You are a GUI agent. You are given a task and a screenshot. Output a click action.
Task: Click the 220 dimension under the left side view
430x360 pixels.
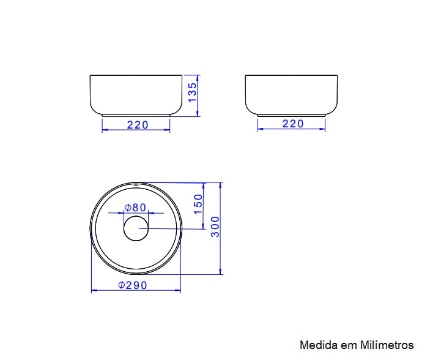[x=138, y=124]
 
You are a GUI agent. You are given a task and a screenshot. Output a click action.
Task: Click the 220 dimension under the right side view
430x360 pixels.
[x=293, y=124]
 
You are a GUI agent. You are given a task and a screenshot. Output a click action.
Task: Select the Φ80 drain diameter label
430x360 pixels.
[x=135, y=207]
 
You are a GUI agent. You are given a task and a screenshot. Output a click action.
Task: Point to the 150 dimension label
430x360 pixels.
[x=198, y=204]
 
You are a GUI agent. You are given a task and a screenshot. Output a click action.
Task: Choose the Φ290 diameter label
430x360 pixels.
[x=133, y=285]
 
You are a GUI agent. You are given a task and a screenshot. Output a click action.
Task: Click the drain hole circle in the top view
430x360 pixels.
[x=135, y=228]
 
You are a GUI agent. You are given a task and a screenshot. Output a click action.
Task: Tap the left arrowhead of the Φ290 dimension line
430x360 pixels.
[x=94, y=290]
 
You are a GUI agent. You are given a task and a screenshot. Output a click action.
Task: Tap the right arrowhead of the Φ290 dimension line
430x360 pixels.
[x=179, y=290]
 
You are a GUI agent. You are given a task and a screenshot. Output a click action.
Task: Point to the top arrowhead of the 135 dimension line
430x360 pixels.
[x=199, y=77]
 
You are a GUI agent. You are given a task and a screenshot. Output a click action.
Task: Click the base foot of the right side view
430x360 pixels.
[x=291, y=114]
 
